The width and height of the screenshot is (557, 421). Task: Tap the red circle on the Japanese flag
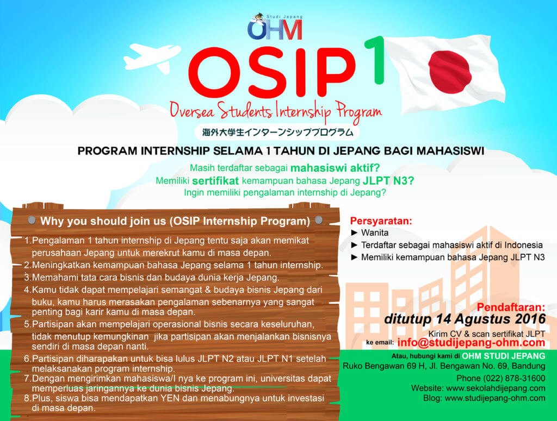pos(450,72)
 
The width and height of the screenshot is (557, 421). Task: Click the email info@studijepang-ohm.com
pos(471,343)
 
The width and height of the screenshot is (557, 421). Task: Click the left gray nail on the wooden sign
pos(32,220)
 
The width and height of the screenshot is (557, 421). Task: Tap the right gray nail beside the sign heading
pos(319,220)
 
